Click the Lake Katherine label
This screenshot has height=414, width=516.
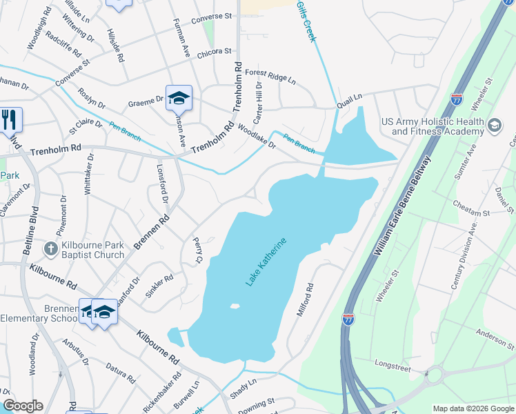coord(266,262)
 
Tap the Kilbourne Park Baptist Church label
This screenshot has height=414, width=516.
coord(92,252)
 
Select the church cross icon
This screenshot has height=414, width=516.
coord(50,248)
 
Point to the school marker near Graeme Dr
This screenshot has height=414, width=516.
coord(179,99)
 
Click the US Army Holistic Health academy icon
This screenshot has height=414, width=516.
coord(494,126)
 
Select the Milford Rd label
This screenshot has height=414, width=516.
coord(305,299)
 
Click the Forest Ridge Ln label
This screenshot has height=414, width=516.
coord(270,76)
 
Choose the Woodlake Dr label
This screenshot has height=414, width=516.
coord(256,136)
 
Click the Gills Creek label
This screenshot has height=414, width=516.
coord(305,21)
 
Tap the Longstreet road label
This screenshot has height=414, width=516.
coord(393,365)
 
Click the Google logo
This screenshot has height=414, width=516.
coord(23,406)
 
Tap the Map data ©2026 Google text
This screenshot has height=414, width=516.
coord(473,408)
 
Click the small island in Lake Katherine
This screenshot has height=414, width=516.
coord(235,306)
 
